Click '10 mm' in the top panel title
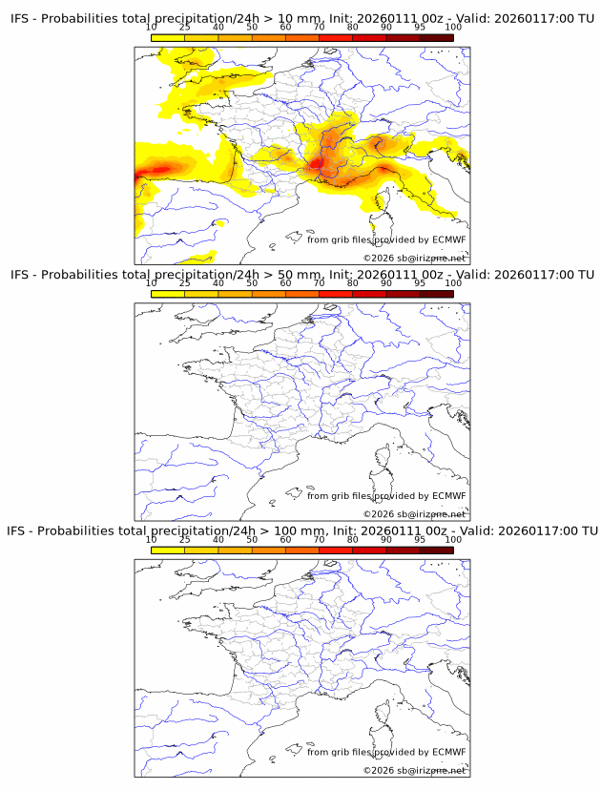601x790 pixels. pyautogui.click(x=295, y=19)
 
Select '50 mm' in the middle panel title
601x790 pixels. pyautogui.click(x=295, y=275)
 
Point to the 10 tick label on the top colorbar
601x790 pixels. pyautogui.click(x=151, y=28)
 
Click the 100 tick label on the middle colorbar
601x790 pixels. pyautogui.click(x=453, y=283)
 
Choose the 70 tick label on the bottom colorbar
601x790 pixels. pyautogui.click(x=319, y=539)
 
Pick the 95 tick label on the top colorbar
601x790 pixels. pyautogui.click(x=420, y=28)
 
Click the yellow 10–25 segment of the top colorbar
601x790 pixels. pyautogui.click(x=168, y=38)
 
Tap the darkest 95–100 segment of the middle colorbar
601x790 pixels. pyautogui.click(x=436, y=294)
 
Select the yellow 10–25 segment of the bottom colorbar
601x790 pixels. pyautogui.click(x=168, y=550)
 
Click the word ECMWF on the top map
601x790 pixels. pyautogui.click(x=448, y=239)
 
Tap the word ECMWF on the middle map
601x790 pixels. pyautogui.click(x=448, y=495)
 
